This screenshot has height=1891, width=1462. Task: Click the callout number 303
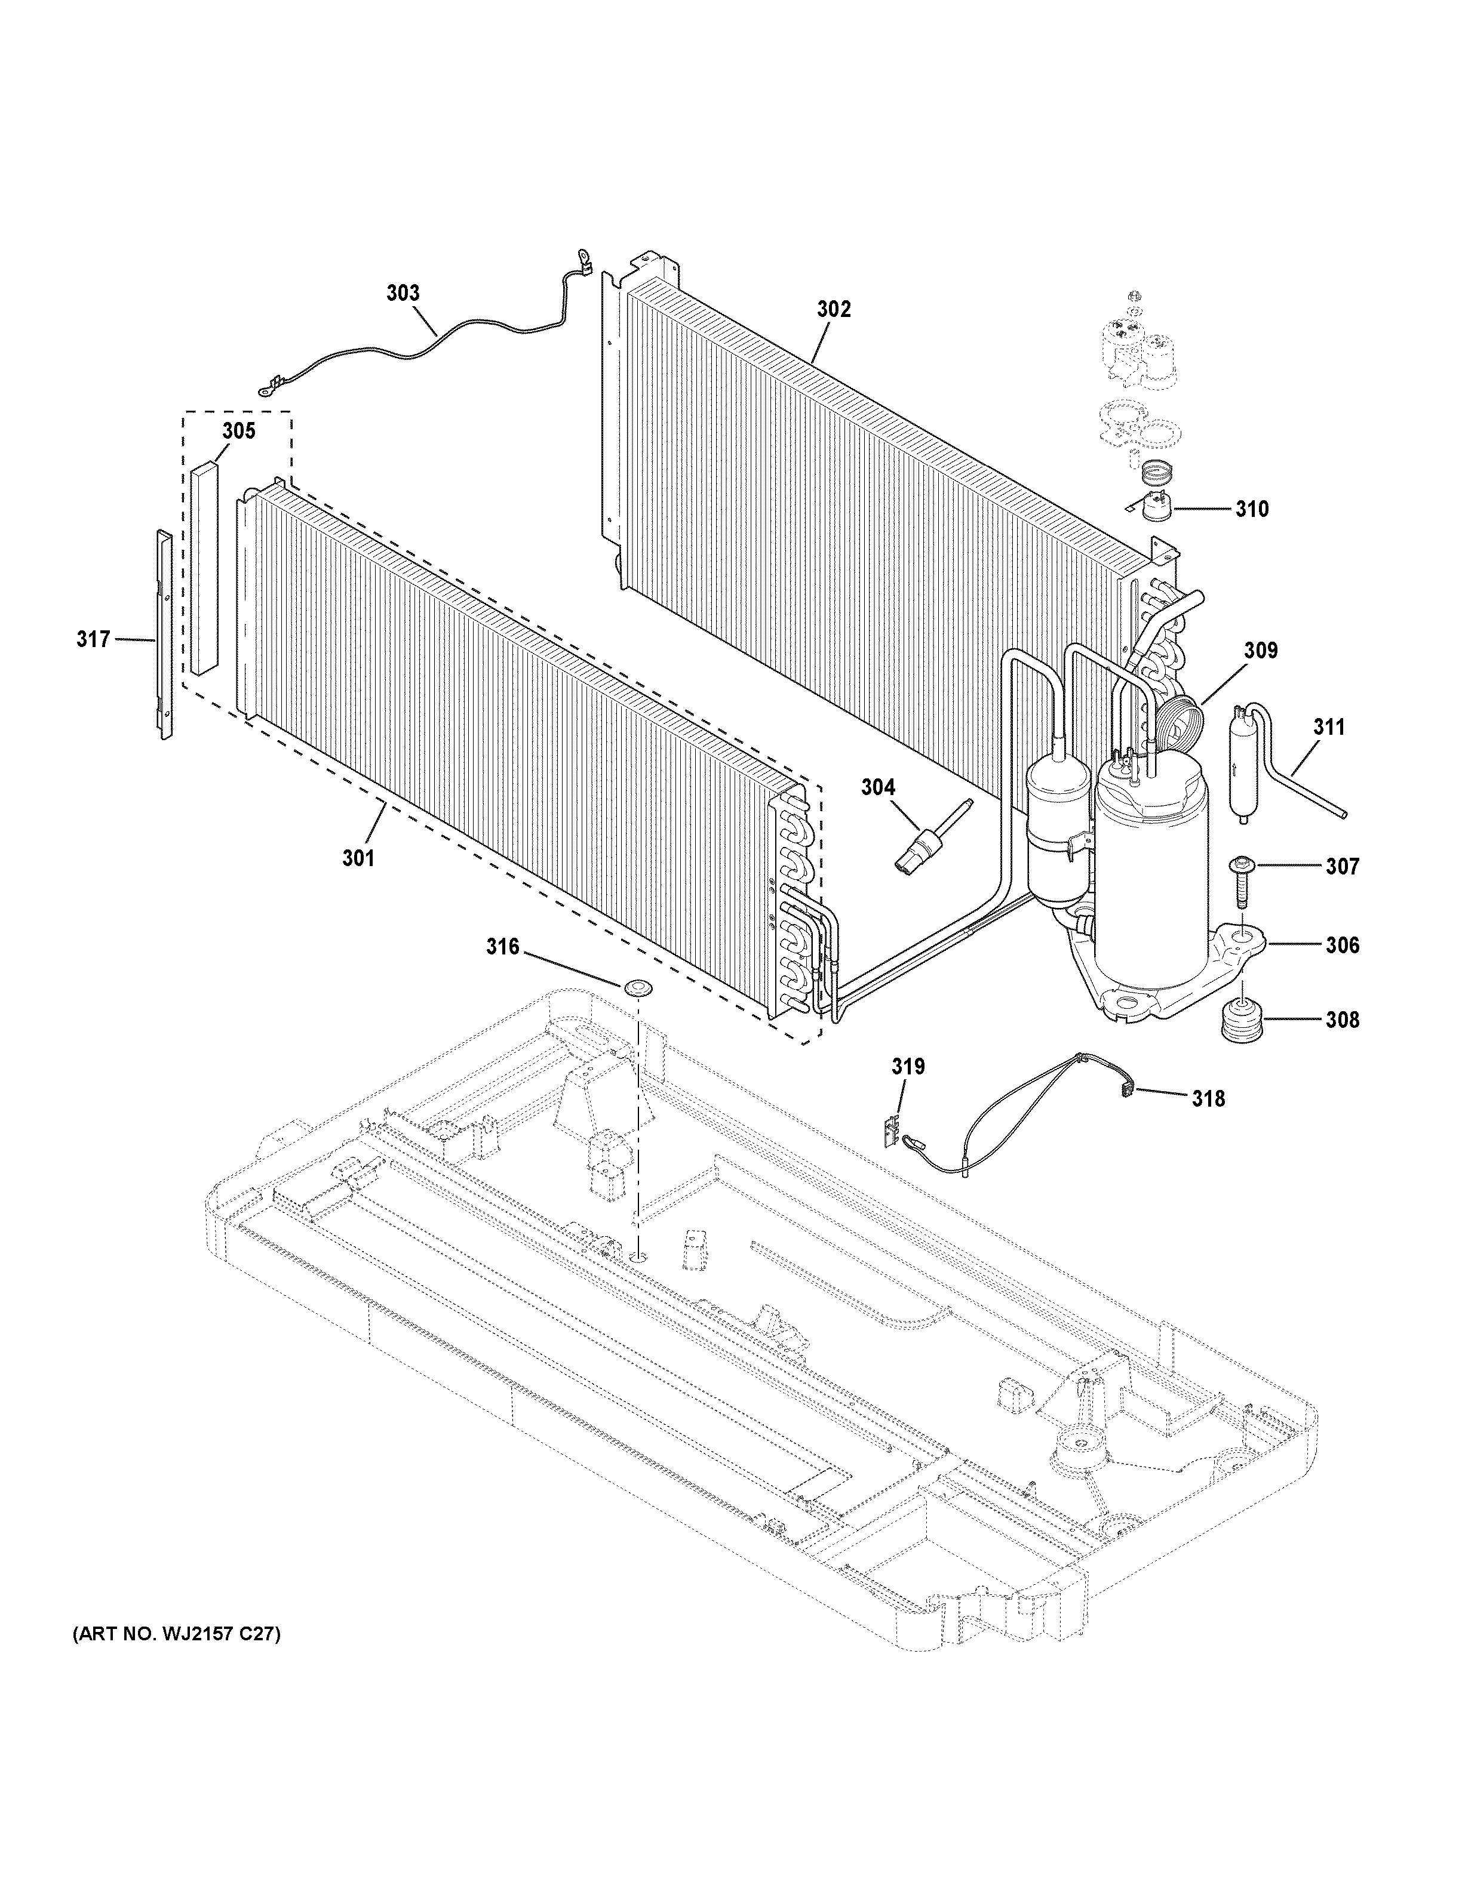tap(403, 294)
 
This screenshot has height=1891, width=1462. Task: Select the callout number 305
tap(239, 430)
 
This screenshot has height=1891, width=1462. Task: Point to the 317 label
tap(94, 639)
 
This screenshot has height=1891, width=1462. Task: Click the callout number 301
tap(358, 858)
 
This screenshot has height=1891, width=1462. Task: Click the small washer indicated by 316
tap(638, 986)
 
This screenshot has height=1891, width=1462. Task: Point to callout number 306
tap(1341, 945)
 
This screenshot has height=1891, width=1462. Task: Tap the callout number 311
tap(1329, 727)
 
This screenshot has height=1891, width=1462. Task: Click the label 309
tap(1261, 649)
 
